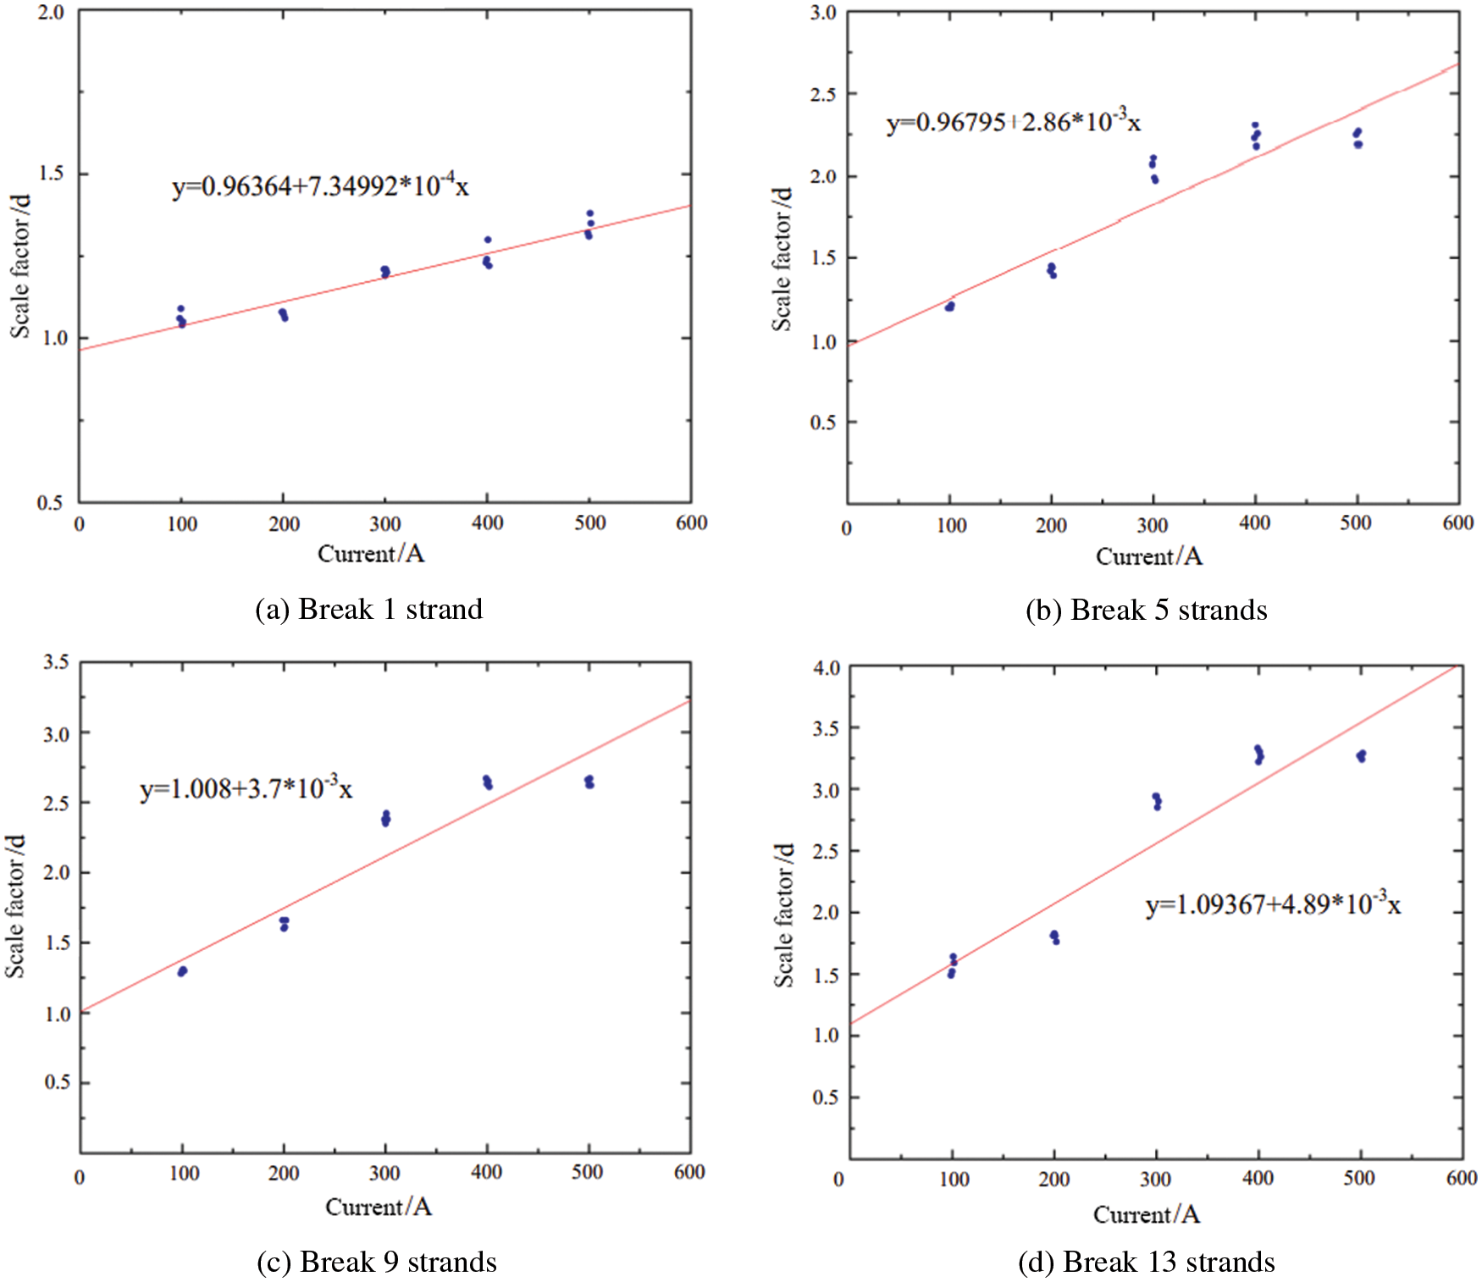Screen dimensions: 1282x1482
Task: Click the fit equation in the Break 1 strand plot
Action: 320,185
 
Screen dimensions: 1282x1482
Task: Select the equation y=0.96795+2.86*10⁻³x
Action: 1013,122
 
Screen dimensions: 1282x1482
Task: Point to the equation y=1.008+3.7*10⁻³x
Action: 246,788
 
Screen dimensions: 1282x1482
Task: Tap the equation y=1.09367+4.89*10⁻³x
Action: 1273,904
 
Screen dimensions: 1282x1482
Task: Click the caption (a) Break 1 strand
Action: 369,609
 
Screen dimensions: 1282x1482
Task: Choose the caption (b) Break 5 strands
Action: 1146,610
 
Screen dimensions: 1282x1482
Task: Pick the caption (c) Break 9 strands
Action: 377,1262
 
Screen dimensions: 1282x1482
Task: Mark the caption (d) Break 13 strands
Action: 1146,1262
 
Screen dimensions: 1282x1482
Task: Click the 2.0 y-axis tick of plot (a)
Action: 51,13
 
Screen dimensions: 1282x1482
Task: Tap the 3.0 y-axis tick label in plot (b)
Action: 822,13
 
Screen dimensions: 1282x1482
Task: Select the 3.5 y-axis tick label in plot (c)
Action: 56,661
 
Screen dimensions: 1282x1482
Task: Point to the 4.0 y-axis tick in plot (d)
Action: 827,667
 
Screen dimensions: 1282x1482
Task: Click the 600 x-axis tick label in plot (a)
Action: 691,523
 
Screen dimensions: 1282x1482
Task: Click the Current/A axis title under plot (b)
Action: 1148,556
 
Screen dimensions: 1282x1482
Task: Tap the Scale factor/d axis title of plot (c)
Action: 16,906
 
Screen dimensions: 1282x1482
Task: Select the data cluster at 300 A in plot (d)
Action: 1157,801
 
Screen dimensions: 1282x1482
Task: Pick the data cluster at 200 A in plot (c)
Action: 284,923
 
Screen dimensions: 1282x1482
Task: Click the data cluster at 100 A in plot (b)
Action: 949,306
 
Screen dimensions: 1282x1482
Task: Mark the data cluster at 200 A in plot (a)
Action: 284,315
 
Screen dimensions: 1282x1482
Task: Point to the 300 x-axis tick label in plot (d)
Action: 1155,1179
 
